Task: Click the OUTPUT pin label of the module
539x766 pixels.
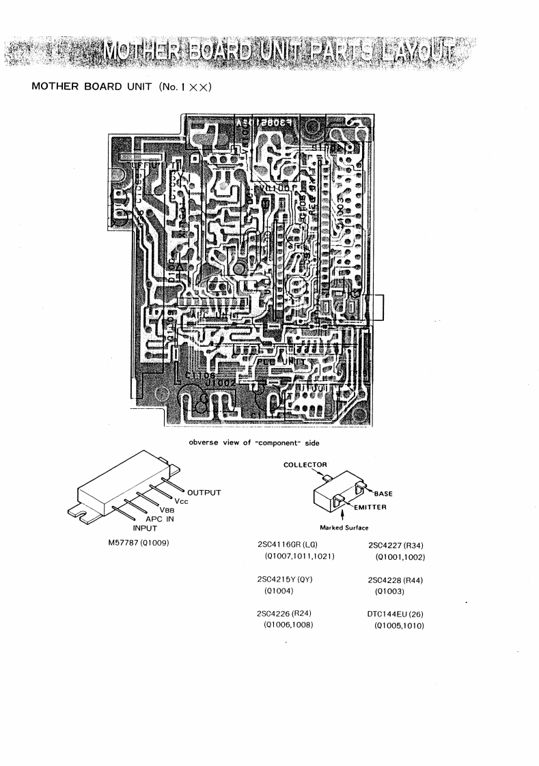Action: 209,491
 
